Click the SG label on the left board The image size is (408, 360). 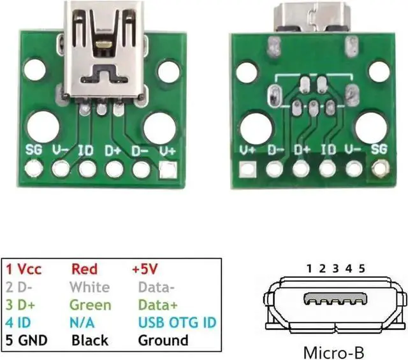pos(34,150)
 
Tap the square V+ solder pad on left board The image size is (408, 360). pos(168,170)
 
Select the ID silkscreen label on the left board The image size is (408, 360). pos(86,150)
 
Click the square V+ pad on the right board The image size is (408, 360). pos(247,169)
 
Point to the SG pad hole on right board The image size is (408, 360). pos(381,169)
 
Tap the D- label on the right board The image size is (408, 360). pos(276,150)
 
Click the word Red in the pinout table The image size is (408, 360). pos(84,269)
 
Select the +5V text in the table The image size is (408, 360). pos(145,269)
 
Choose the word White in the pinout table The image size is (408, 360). pos(90,287)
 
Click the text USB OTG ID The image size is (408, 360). pos(177,322)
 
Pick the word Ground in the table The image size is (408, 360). pos(163,340)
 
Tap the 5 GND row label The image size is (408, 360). pos(26,340)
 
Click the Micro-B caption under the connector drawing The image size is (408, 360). pos(333,353)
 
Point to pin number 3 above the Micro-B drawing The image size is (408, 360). pos(336,268)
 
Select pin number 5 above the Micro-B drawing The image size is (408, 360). pos(361,268)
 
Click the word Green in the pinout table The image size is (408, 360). pos(91,305)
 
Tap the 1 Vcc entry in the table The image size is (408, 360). pos(24,269)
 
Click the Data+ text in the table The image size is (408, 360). pos(158,305)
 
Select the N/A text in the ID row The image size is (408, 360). pos(82,322)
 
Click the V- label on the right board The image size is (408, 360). pos(353,149)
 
